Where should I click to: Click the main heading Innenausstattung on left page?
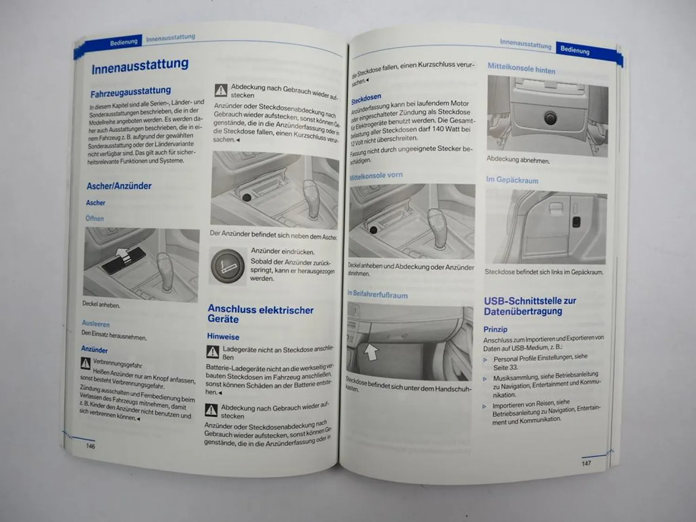[x=140, y=66]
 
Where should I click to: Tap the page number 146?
[x=90, y=446]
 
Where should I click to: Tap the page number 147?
[x=586, y=463]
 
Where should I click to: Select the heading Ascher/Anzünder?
[x=119, y=186]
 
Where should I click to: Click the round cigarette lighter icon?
[x=227, y=266]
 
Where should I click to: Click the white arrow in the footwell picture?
[x=371, y=352]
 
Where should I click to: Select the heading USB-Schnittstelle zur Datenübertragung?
[x=529, y=306]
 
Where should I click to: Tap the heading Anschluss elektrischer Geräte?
[x=260, y=314]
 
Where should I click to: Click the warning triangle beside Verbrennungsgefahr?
[x=86, y=363]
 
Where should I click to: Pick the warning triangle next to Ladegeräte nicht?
[x=213, y=352]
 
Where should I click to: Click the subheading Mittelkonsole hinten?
[x=521, y=69]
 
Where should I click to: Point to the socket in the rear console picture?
[x=550, y=118]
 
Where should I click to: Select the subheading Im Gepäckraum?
[x=512, y=180]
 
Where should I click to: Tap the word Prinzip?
[x=495, y=329]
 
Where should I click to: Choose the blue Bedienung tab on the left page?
[x=123, y=42]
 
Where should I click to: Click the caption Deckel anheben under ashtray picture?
[x=101, y=305]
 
